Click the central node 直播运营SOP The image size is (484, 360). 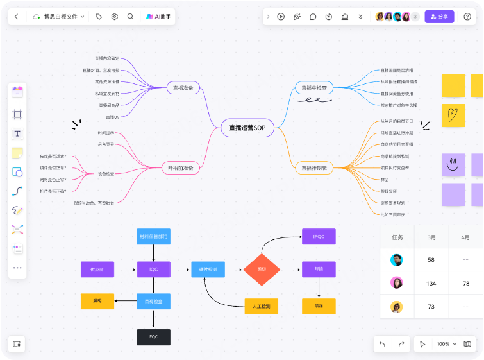point(247,128)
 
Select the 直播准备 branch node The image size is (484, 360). point(183,88)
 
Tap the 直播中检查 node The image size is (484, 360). point(314,88)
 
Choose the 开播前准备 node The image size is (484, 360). point(181,168)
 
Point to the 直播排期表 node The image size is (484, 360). point(314,168)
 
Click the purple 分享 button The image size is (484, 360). point(439,17)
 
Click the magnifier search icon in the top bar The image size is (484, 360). point(131,17)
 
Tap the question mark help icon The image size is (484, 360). point(467,17)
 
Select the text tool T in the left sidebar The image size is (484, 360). point(17,133)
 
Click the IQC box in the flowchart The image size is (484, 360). point(153,270)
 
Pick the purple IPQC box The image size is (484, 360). point(319,236)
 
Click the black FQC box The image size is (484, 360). point(153,336)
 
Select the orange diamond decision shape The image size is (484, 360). point(262,269)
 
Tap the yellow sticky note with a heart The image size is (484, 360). point(453,116)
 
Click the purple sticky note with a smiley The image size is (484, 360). point(453,165)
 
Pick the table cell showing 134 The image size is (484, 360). point(431,283)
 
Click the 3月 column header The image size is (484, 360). point(431,237)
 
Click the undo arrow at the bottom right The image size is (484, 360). point(383,344)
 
